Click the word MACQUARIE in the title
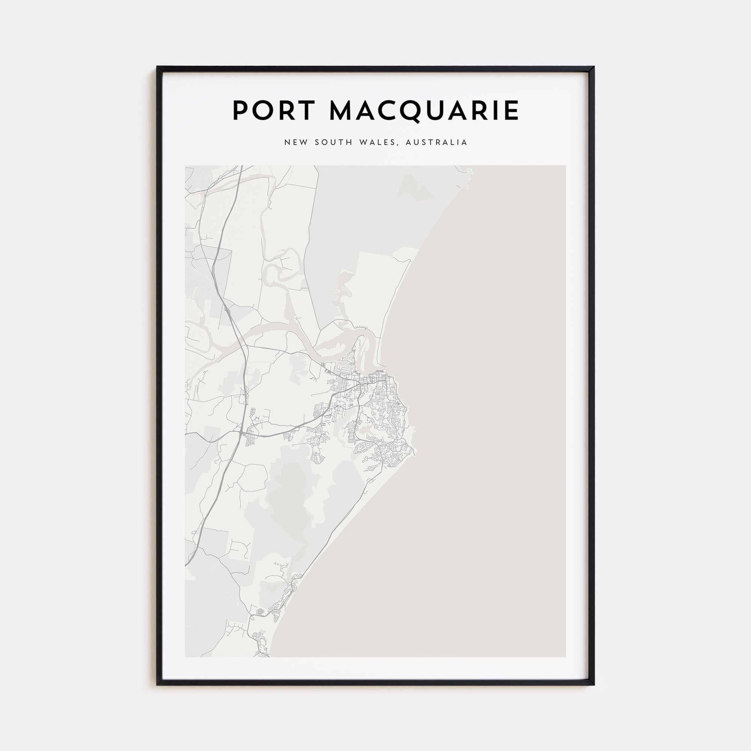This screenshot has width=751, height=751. pos(424,112)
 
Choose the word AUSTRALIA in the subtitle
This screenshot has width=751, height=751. pos(436,143)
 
